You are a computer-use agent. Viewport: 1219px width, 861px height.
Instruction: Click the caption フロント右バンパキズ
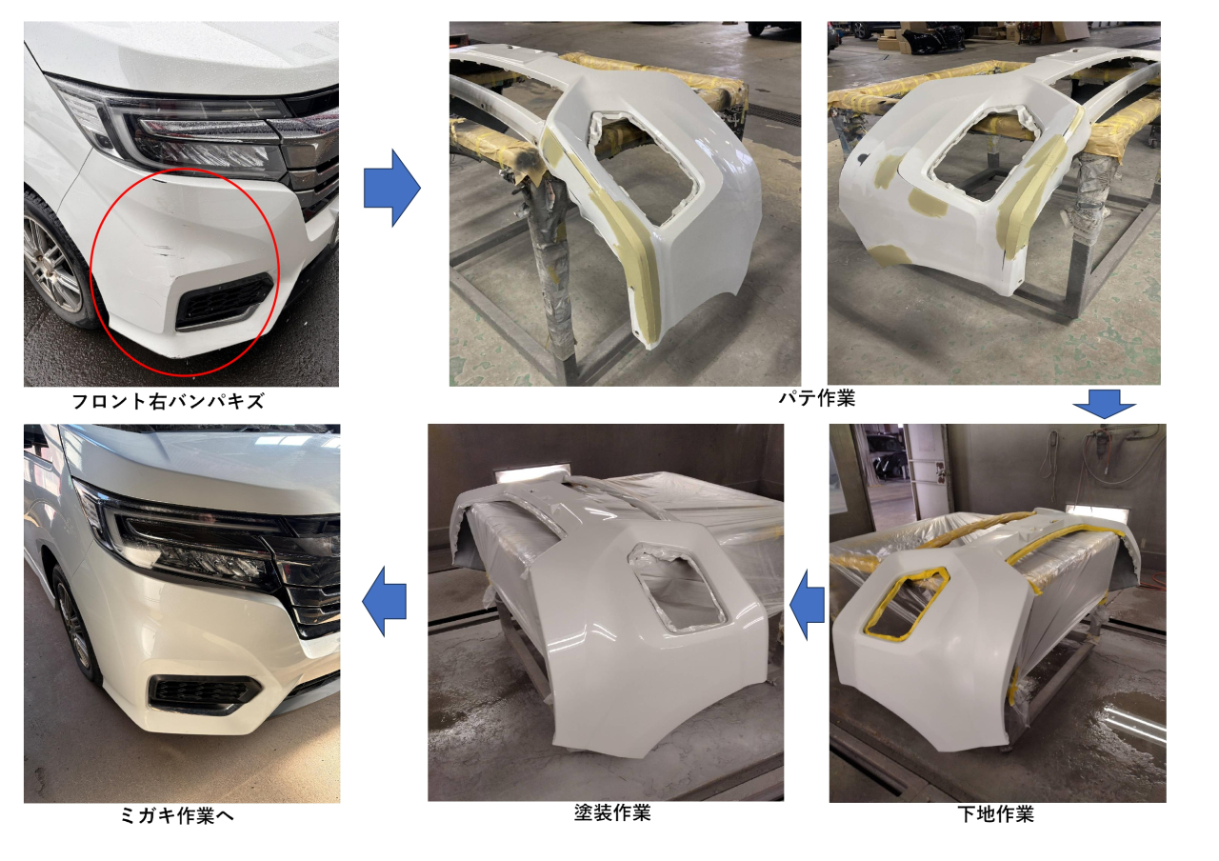[169, 402]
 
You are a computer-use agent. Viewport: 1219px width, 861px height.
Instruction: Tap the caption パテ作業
[816, 398]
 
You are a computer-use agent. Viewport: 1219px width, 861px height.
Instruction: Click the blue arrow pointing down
[1104, 404]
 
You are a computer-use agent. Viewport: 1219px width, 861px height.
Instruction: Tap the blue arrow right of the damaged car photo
[391, 188]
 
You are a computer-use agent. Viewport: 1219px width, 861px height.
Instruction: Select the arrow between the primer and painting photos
[807, 605]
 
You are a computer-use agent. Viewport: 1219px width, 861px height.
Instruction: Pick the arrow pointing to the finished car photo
[384, 601]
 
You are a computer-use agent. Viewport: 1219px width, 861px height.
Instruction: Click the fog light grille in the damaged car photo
[223, 302]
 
